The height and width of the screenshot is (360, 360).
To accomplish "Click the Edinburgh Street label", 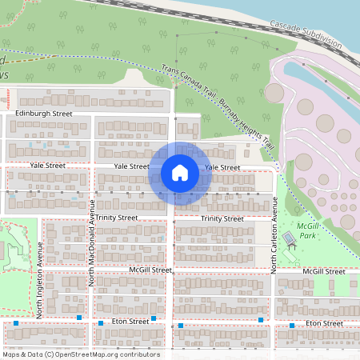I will (44, 114).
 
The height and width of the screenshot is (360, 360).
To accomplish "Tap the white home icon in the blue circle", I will (180, 173).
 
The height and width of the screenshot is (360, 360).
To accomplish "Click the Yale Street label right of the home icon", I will (222, 167).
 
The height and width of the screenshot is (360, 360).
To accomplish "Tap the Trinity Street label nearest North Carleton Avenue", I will (222, 218).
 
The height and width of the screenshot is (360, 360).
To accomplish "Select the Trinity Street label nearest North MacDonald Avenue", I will (117, 218).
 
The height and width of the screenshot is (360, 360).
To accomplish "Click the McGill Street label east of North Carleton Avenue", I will (323, 272).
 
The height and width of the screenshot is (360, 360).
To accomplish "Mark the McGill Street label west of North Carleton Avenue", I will (150, 270).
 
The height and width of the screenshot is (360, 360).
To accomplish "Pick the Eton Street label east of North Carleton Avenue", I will (323, 323).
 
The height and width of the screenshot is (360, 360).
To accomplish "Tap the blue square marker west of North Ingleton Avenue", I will (16, 323).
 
